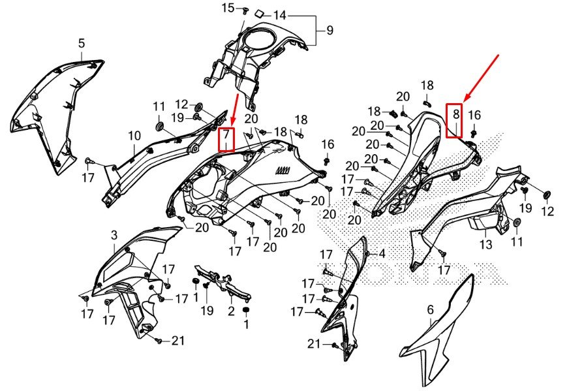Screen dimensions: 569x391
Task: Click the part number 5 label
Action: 82,43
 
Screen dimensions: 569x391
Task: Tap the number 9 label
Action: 330,30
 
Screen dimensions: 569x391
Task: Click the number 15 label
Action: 228,8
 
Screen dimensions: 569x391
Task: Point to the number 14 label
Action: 280,15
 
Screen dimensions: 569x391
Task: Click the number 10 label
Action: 134,136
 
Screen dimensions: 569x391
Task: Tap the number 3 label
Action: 114,235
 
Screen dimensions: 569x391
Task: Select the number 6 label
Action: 431,310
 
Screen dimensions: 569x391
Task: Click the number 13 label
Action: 486,244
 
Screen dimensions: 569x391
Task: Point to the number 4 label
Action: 382,254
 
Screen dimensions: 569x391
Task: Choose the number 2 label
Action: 231,311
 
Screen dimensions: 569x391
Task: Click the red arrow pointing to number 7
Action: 234,111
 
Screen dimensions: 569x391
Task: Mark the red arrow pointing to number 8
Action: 482,77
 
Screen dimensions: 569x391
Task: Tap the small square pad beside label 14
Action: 260,14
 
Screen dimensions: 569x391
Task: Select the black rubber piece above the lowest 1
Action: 247,309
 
